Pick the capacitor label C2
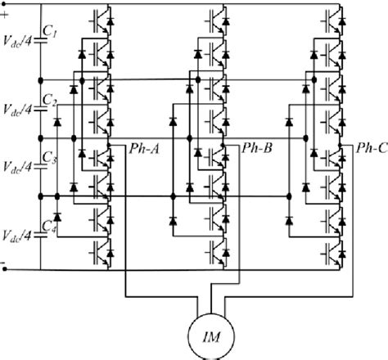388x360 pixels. (50, 101)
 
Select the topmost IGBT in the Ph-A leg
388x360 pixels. (102, 17)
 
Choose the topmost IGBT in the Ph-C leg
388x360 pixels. (332, 17)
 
